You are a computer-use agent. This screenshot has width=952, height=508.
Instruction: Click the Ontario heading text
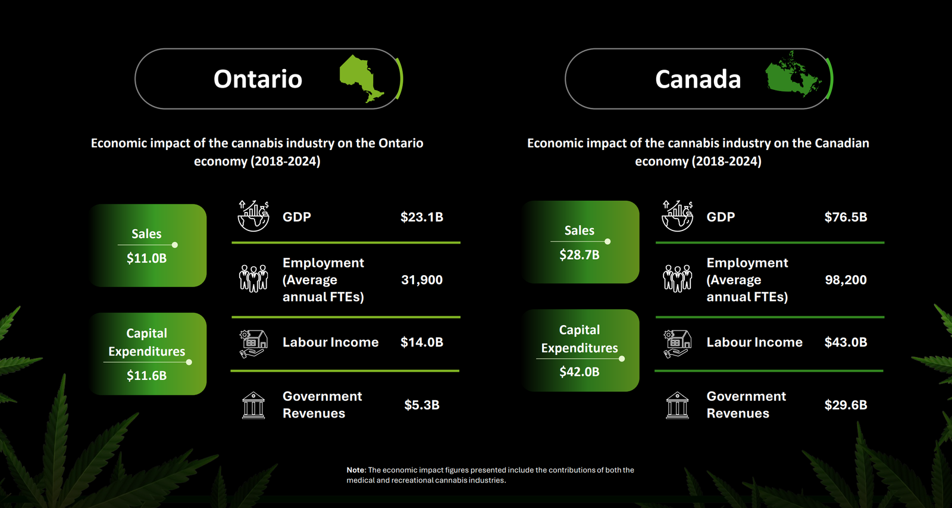click(258, 79)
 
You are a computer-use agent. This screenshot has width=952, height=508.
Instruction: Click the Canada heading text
click(698, 79)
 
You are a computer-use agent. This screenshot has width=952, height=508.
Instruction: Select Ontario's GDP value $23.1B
click(421, 217)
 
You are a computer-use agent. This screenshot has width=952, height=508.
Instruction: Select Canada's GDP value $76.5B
click(845, 217)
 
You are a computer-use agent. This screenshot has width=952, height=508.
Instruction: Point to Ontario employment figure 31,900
click(421, 280)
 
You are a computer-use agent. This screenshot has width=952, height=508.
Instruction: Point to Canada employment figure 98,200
click(845, 280)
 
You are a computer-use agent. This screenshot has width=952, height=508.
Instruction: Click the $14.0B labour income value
click(421, 342)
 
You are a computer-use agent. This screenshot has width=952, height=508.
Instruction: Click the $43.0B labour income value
click(845, 342)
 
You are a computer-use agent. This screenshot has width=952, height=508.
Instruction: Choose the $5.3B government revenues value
click(421, 405)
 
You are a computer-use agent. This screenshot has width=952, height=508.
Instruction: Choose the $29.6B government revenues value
click(845, 405)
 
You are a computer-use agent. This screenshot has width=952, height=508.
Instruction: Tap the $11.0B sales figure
click(146, 258)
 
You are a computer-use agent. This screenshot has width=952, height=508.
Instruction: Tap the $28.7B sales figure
click(579, 255)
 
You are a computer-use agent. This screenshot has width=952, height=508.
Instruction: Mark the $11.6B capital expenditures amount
click(146, 376)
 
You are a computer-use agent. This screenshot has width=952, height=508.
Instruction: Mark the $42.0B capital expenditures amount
click(579, 372)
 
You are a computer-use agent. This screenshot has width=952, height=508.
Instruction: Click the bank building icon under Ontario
click(253, 406)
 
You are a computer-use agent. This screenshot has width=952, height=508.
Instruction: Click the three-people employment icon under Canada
click(677, 278)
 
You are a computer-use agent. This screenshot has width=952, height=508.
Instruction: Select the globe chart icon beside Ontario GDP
click(253, 216)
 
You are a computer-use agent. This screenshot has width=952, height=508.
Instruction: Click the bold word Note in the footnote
click(356, 470)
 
